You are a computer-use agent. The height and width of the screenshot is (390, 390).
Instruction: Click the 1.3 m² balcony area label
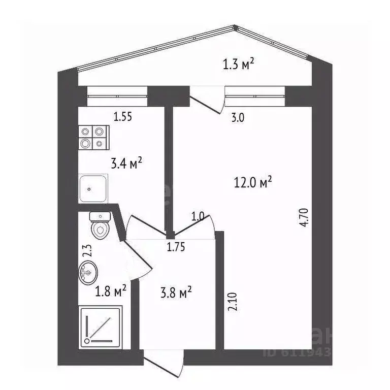pyautogui.click(x=238, y=64)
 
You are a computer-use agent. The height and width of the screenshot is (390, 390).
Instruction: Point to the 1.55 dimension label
pyautogui.click(x=122, y=117)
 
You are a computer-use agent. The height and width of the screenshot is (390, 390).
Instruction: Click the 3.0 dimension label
pyautogui.click(x=238, y=118)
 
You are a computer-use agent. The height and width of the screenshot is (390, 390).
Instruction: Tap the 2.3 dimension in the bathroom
pyautogui.click(x=87, y=251)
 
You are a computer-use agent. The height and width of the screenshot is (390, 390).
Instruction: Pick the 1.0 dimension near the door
pyautogui.click(x=198, y=216)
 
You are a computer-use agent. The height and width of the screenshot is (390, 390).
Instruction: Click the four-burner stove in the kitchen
pyautogui.click(x=93, y=137)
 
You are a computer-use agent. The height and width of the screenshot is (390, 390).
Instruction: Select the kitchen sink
pyautogui.click(x=93, y=188)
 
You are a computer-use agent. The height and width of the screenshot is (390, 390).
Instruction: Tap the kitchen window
pyautogui.click(x=117, y=94)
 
